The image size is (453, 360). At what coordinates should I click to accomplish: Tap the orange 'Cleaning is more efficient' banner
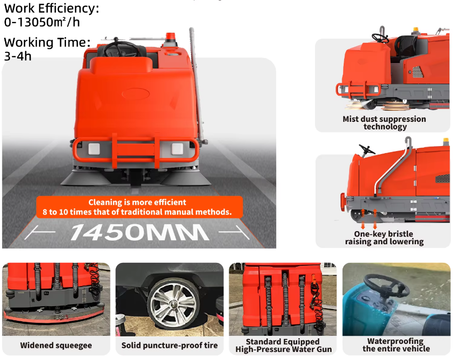tap(139, 207)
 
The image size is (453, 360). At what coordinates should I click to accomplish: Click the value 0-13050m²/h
tap(42, 22)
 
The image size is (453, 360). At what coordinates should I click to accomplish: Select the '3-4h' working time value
tap(18, 56)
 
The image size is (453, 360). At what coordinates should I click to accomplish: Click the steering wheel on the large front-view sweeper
tap(120, 48)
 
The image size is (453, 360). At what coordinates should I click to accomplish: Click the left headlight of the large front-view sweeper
tap(94, 149)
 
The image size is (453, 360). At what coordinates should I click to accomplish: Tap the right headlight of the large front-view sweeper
tap(177, 149)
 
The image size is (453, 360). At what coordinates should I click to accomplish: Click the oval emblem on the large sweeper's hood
tap(136, 94)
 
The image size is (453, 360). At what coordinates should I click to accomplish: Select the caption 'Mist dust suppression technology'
tap(384, 123)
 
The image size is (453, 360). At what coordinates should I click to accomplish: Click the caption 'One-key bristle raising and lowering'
tap(384, 238)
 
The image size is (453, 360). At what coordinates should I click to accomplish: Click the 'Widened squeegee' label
tap(56, 345)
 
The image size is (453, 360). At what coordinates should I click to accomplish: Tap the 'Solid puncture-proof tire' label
tap(170, 345)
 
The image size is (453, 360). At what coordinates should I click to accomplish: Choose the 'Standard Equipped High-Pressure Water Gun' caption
tap(283, 345)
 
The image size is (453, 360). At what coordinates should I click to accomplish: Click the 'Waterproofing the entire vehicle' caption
tap(396, 345)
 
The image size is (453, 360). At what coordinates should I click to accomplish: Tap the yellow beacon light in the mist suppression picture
tap(415, 29)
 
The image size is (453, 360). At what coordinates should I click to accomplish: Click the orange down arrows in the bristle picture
tap(369, 219)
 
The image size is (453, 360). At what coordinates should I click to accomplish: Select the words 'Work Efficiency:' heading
tap(51, 9)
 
